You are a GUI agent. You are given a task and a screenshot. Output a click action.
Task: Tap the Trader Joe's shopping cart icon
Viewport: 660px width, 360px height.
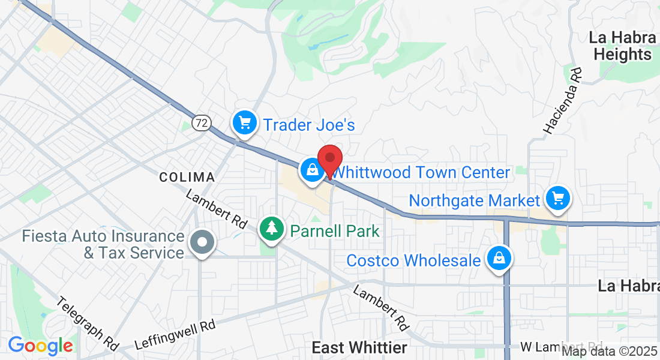[x=244, y=123]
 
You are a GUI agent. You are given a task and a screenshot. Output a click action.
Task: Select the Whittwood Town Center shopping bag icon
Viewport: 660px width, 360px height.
[x=313, y=170]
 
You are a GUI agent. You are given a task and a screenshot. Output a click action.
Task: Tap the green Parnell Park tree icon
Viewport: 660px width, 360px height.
[x=272, y=229]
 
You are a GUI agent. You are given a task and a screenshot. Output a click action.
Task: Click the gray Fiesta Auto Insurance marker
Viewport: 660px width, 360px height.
[x=202, y=243]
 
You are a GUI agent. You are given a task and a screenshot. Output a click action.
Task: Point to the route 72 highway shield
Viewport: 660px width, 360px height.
[x=202, y=123]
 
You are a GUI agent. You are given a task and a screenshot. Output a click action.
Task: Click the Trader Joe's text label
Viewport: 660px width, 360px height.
[x=310, y=125]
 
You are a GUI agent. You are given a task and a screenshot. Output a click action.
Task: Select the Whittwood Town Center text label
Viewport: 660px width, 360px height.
[x=421, y=173]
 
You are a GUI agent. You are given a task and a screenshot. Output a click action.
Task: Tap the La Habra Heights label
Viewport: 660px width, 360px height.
[x=622, y=46]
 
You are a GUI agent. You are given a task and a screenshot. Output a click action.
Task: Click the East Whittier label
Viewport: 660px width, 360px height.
[x=359, y=347]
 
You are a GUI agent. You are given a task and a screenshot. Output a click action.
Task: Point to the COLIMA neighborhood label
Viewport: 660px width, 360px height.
[x=187, y=177]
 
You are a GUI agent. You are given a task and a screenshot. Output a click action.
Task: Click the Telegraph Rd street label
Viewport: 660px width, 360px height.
[x=88, y=323]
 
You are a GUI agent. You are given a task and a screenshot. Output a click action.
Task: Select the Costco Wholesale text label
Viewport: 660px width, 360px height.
[x=413, y=261]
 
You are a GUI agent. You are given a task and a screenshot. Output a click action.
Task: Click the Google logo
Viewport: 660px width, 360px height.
[x=40, y=346]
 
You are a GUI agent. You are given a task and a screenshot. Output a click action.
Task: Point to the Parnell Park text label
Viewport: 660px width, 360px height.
[x=335, y=230]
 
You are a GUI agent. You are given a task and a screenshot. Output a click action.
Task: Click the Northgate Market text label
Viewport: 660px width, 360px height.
[x=475, y=200]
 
